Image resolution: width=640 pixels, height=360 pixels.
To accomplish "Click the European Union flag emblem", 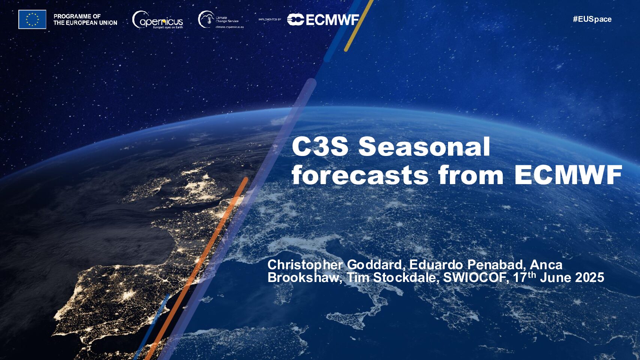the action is [x=32, y=19].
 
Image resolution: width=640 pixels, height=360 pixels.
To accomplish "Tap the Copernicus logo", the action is [x=157, y=20].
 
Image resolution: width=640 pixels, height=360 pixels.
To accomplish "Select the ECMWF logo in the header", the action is [x=323, y=20].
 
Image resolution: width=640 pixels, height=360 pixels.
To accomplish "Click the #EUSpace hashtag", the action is [x=592, y=19].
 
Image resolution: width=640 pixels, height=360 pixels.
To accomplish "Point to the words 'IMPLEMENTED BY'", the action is [x=270, y=19].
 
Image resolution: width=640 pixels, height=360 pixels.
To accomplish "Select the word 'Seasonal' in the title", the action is [x=424, y=147].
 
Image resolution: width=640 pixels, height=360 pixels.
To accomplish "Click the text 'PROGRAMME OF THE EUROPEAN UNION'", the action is [x=85, y=19].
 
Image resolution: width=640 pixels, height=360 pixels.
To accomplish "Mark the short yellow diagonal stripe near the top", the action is [x=358, y=25].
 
